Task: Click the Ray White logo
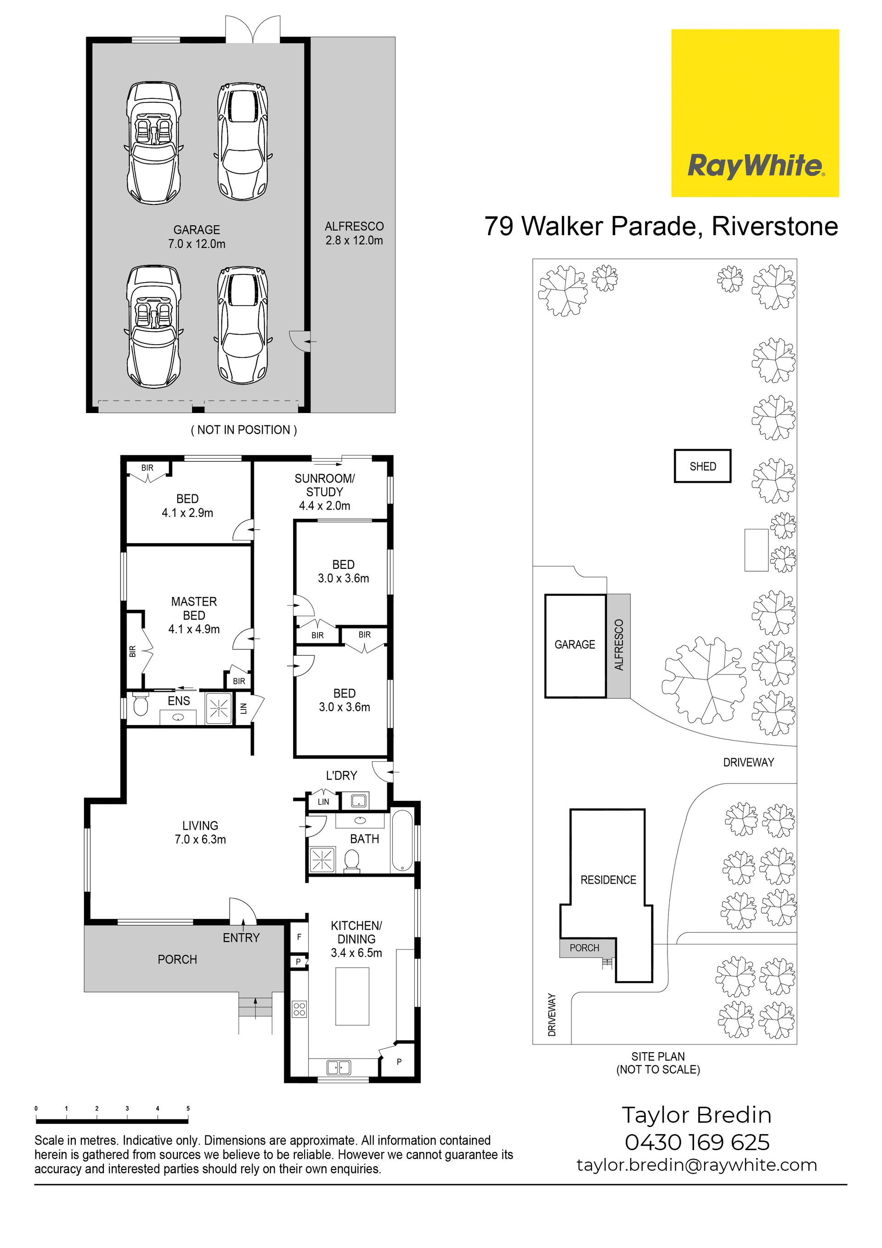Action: (755, 113)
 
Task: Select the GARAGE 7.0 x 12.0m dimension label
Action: (197, 237)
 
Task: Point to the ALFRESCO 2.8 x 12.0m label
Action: (354, 233)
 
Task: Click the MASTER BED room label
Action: (194, 615)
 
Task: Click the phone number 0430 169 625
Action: (697, 1142)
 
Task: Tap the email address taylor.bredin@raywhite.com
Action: (697, 1165)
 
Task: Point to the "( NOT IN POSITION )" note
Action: (244, 430)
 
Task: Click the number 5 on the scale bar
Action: (188, 1108)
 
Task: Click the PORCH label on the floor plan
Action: (177, 959)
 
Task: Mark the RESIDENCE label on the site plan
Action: (608, 880)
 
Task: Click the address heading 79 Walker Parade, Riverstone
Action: (661, 226)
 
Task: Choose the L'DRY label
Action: (341, 776)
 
